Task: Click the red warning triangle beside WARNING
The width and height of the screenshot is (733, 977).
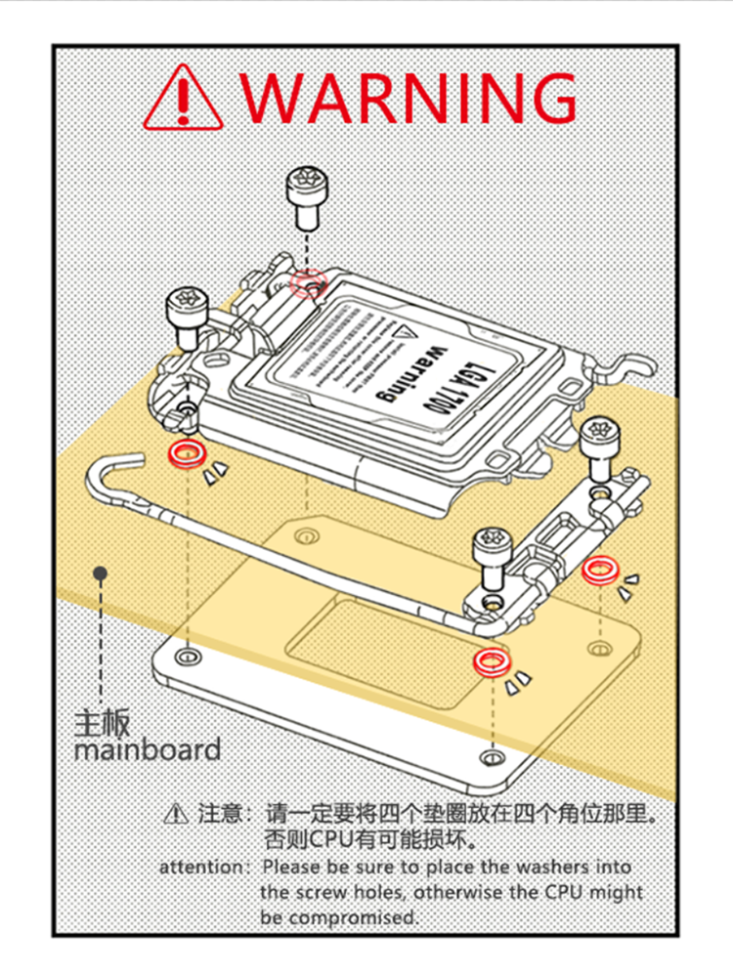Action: coord(183,99)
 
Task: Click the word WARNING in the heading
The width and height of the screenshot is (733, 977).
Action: coord(409,97)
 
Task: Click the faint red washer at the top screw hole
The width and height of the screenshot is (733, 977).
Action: coord(307,282)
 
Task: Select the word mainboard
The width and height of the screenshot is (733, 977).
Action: coord(147,750)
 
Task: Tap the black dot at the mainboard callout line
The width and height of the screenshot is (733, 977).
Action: coord(99,573)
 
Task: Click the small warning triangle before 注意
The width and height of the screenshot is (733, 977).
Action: coord(175,812)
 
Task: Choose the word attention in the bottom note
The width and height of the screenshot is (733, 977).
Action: coord(203,867)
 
